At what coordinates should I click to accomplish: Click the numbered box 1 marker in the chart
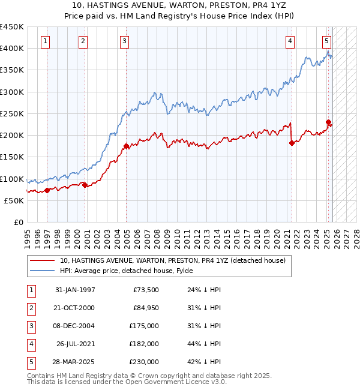46,41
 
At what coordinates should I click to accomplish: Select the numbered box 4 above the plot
290,41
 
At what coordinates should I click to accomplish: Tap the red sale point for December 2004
126,146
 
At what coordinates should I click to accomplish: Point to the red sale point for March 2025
328,122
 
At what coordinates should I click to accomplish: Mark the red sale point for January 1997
47,190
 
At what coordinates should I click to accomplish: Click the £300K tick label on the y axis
12,92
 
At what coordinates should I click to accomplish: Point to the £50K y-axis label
14,201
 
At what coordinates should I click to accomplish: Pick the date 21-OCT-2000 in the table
74,308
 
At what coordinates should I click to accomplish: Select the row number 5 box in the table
30,362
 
